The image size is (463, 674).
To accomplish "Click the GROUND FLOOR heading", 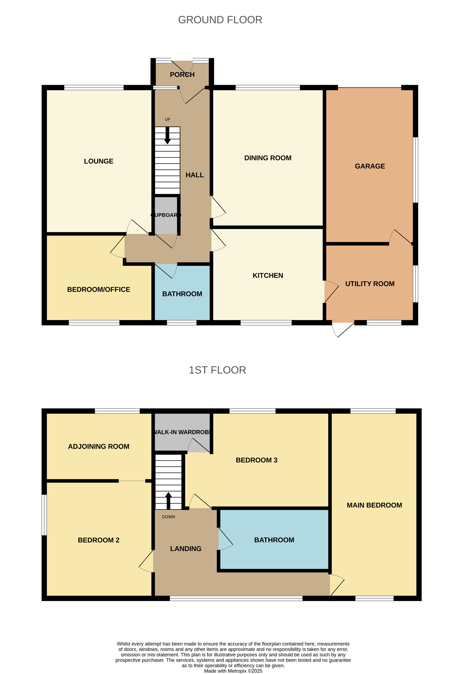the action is click(220, 20).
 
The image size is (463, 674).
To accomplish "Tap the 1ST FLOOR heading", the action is click(217, 370).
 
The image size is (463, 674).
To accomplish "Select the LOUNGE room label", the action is click(99, 161).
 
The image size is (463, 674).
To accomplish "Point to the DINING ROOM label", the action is click(268, 158).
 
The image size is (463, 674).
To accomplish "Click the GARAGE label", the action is click(370, 166).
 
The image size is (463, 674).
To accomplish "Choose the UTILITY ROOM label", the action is click(370, 284).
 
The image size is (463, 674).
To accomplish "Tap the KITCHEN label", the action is click(268, 275).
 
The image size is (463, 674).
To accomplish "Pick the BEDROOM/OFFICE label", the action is click(99, 289).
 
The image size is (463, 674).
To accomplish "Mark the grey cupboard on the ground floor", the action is click(166, 215).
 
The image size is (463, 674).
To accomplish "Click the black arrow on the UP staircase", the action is click(168, 136).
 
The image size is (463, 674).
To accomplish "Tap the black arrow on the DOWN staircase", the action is click(168, 501).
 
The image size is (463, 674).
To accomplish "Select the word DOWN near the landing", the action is click(168, 517).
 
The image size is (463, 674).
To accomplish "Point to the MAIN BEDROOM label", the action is click(374, 505).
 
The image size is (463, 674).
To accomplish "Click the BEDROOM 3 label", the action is click(257, 460).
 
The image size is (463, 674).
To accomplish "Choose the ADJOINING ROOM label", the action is click(99, 447).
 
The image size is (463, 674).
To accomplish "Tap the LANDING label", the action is click(186, 549).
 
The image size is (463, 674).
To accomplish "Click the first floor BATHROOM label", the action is click(274, 540).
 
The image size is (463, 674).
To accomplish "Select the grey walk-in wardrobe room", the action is click(182, 432).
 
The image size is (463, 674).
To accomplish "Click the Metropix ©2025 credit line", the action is click(233, 671).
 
